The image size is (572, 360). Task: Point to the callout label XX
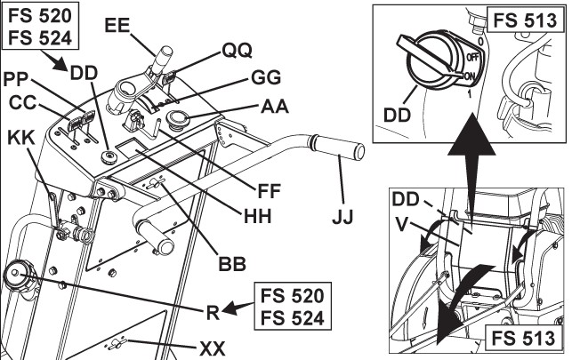237,345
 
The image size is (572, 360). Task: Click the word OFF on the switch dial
472,59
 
